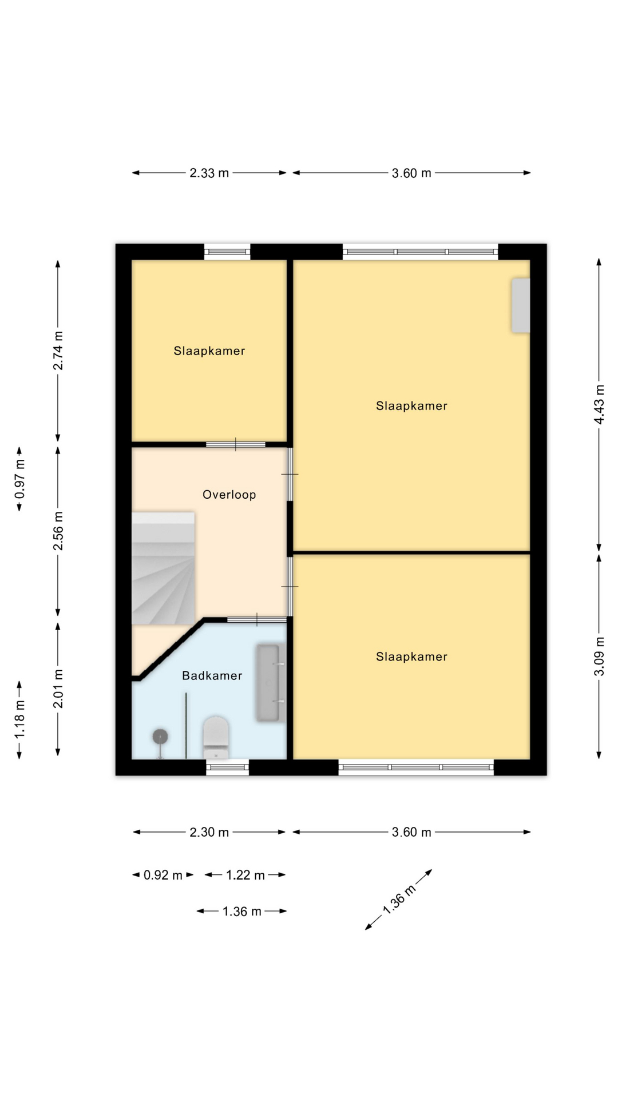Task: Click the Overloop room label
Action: (x=229, y=495)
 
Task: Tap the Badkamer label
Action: (x=212, y=675)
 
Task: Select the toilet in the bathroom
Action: (x=216, y=738)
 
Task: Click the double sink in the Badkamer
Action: (x=271, y=682)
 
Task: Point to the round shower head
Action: (x=160, y=737)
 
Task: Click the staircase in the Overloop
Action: (x=164, y=568)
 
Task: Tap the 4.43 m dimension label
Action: (x=599, y=404)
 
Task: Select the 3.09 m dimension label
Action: (x=599, y=656)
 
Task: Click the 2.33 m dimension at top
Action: (x=209, y=173)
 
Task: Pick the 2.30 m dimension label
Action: (x=209, y=832)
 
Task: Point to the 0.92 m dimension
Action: (x=163, y=875)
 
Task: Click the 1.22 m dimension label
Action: (x=245, y=875)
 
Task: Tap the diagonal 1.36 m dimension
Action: (x=399, y=900)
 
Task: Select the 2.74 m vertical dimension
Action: (x=58, y=351)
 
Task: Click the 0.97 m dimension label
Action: (x=19, y=479)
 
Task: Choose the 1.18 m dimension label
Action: (x=19, y=719)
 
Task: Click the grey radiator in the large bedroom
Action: (x=520, y=305)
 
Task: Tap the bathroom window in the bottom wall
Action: (x=227, y=767)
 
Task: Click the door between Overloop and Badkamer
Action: (x=257, y=620)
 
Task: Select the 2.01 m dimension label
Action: (x=58, y=689)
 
